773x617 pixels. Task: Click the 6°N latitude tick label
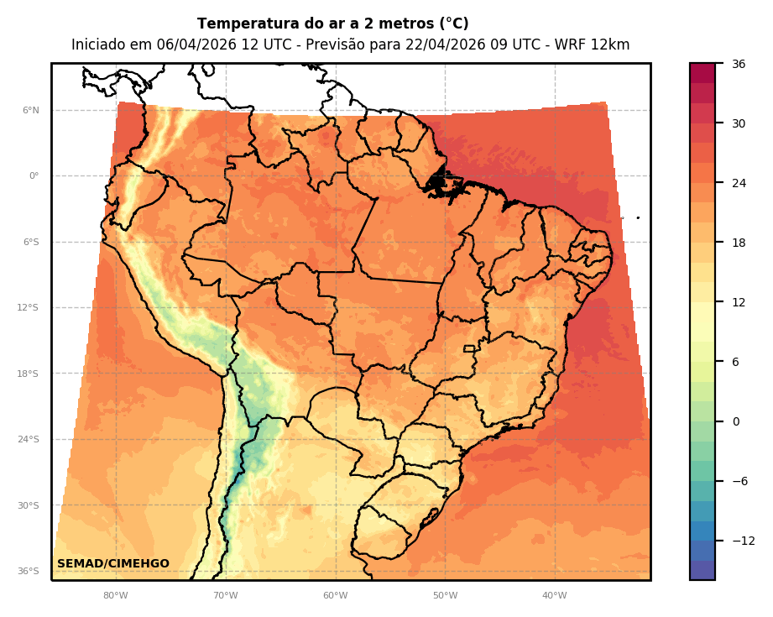(x=31, y=110)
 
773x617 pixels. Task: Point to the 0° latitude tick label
(x=34, y=176)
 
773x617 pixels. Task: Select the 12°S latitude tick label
(x=28, y=308)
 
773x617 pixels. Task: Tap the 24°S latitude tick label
(x=28, y=440)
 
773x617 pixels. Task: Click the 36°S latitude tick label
(x=28, y=572)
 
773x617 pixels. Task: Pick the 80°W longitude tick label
(x=115, y=596)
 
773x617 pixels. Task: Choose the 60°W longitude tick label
(x=335, y=596)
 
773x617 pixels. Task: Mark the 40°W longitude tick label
(x=554, y=596)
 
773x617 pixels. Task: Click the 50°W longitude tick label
(x=445, y=596)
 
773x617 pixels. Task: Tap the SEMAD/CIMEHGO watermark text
(x=113, y=564)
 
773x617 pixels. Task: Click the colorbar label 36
(x=739, y=64)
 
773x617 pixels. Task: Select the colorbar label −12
(x=743, y=541)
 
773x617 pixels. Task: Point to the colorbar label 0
(x=735, y=421)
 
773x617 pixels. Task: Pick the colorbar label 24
(x=739, y=183)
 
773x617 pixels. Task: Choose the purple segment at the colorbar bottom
(x=702, y=570)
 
